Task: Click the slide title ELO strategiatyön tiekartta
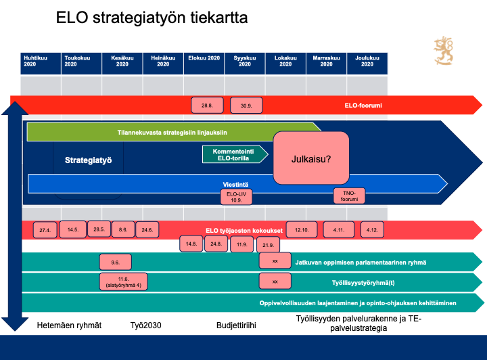(x=152, y=19)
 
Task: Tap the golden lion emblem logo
(x=444, y=52)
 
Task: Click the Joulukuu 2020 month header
(x=367, y=64)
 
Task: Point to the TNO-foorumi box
(x=349, y=196)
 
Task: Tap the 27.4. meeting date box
(x=45, y=230)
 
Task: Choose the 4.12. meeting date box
(x=372, y=230)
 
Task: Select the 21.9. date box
(x=269, y=244)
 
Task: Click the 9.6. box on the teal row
(x=114, y=262)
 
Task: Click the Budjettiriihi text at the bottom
(x=236, y=325)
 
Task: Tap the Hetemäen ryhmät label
(x=69, y=325)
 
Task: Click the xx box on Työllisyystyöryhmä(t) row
(x=275, y=281)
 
